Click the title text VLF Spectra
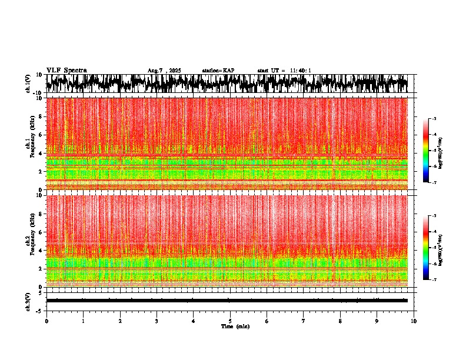(x=66, y=70)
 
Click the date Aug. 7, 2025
(x=164, y=71)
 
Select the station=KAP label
(x=218, y=71)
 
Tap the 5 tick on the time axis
(x=230, y=321)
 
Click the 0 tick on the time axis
(x=46, y=321)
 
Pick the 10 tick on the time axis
(x=414, y=321)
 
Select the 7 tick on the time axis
(x=304, y=321)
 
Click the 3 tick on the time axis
(x=157, y=321)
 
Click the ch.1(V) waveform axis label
(x=28, y=84)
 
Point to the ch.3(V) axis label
(x=28, y=301)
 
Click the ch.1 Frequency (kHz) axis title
(x=29, y=144)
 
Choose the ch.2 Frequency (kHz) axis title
(x=29, y=241)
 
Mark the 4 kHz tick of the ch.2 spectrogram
(x=40, y=251)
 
